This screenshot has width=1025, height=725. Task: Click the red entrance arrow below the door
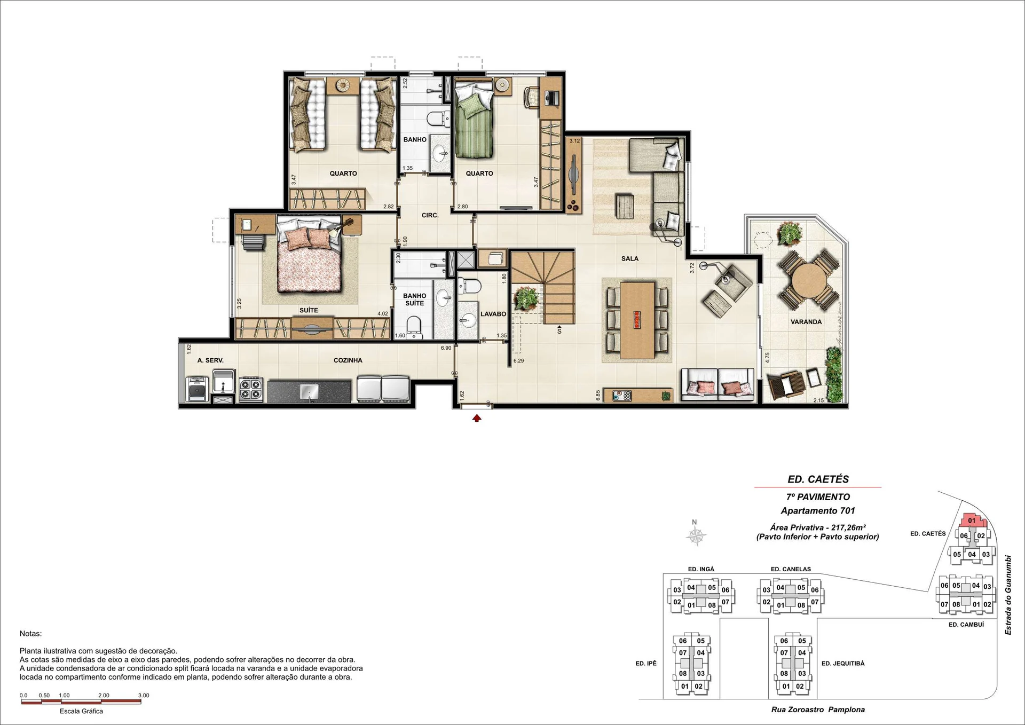pyautogui.click(x=477, y=418)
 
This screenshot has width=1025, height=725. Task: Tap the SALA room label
pyautogui.click(x=630, y=258)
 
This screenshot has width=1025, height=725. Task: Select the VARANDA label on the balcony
pyautogui.click(x=806, y=322)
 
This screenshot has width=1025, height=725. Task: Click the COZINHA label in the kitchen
pyautogui.click(x=348, y=360)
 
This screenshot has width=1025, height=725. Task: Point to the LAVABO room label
pyautogui.click(x=493, y=314)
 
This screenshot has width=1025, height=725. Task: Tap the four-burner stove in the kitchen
pyautogui.click(x=251, y=389)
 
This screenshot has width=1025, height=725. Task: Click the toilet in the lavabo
pyautogui.click(x=470, y=286)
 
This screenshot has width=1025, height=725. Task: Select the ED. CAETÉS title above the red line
pyautogui.click(x=818, y=479)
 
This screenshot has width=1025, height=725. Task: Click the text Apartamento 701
pyautogui.click(x=818, y=511)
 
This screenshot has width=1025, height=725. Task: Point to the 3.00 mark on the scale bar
pyautogui.click(x=144, y=696)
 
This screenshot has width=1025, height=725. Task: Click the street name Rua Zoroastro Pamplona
pyautogui.click(x=818, y=710)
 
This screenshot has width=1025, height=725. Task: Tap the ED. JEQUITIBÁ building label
pyautogui.click(x=843, y=664)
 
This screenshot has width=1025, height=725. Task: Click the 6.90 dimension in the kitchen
pyautogui.click(x=446, y=348)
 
